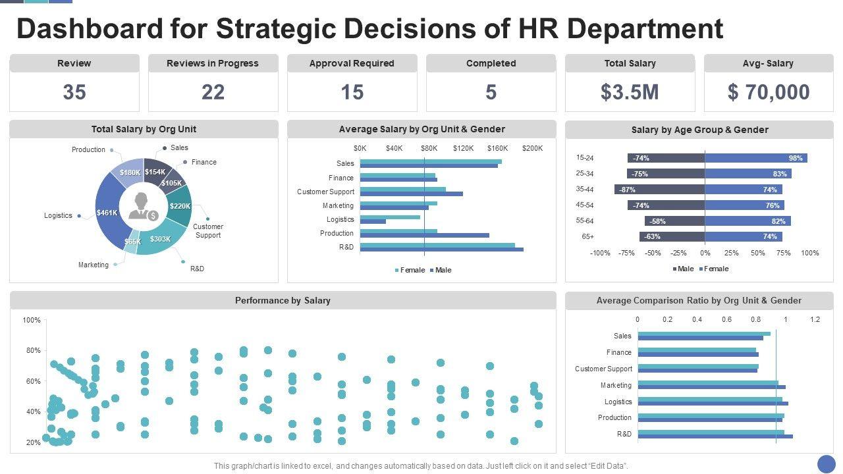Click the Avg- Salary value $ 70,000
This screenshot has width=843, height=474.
(769, 92)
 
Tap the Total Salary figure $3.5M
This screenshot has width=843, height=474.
(630, 92)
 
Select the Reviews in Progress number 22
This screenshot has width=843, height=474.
(213, 92)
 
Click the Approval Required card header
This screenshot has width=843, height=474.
(352, 64)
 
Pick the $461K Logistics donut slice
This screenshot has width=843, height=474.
(107, 213)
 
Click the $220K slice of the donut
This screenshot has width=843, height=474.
(179, 206)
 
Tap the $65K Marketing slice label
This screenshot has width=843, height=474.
(132, 242)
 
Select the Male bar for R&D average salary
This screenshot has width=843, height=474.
(441, 250)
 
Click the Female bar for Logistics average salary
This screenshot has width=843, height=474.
(389, 217)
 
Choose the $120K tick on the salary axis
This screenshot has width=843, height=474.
(463, 148)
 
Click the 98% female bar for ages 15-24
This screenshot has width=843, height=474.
(755, 158)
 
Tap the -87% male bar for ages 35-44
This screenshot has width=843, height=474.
(659, 190)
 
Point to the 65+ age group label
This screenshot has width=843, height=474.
(587, 237)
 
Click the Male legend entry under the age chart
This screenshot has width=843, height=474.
(682, 269)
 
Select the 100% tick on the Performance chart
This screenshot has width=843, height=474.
(32, 321)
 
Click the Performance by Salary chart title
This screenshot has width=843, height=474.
(283, 301)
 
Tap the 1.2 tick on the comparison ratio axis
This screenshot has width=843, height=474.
(815, 319)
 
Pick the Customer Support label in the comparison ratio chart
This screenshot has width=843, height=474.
(603, 369)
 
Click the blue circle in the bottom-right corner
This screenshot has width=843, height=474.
(826, 463)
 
